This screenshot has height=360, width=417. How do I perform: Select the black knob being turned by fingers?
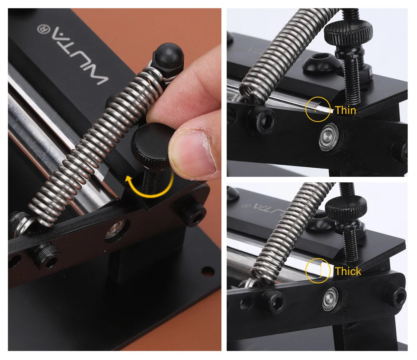(x=152, y=143)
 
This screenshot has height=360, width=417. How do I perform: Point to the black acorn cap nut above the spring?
(x=168, y=57)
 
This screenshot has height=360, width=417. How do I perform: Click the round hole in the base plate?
(x=207, y=271)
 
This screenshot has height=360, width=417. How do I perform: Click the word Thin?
(x=345, y=110)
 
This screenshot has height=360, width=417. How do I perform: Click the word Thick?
(x=348, y=271)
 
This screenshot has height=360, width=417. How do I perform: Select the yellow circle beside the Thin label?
(x=318, y=109)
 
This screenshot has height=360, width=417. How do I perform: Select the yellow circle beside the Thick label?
(x=318, y=270)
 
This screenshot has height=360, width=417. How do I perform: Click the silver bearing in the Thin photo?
(x=329, y=137)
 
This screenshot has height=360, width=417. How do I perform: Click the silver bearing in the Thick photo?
(x=331, y=299)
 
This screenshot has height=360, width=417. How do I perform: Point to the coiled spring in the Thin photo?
(x=284, y=50)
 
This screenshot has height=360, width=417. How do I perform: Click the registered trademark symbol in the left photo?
(x=43, y=29)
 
